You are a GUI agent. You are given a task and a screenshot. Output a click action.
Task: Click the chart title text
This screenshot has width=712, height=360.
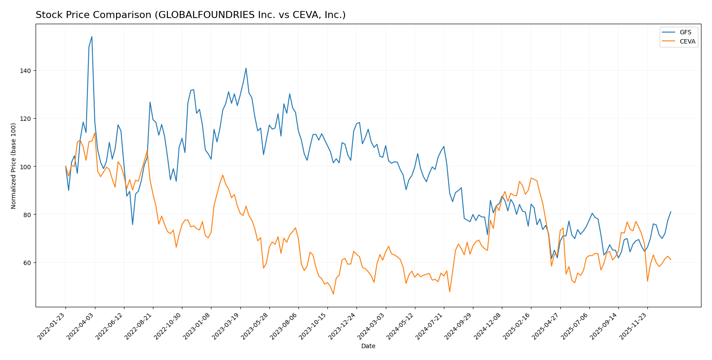point(190,15)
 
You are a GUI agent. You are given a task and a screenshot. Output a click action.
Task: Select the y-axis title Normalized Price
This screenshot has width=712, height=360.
point(14,166)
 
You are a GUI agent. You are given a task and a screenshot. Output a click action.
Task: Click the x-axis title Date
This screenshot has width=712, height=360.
point(368,346)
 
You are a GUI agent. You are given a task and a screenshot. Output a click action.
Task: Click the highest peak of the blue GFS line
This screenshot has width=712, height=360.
point(91,36)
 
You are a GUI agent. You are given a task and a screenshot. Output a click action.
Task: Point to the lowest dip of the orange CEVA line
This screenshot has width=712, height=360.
point(333,294)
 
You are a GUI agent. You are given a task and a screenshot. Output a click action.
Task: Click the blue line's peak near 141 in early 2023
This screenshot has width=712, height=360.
point(246,68)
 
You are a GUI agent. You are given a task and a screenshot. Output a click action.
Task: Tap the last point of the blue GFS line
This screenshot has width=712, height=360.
point(671,211)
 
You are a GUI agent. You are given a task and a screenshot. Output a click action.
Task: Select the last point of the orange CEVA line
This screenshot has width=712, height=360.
point(671,260)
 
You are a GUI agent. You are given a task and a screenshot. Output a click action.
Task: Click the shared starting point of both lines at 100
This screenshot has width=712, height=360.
point(65,167)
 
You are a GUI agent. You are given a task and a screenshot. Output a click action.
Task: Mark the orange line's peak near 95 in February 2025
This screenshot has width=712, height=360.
point(531,178)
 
